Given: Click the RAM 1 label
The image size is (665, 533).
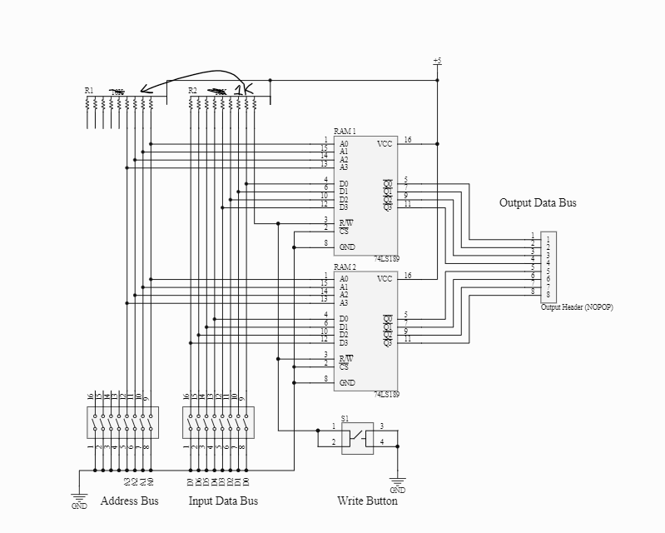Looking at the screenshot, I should point(345,132).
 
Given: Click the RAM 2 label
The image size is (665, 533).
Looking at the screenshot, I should point(345,267).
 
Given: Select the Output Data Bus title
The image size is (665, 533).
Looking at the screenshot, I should point(538,202).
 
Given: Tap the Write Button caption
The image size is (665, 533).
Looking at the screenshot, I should point(367,501).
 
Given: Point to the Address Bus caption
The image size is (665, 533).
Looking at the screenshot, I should point(129,501).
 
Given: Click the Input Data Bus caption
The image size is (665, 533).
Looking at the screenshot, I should point(223,501).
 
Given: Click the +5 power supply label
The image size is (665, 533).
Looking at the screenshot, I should point(437,62).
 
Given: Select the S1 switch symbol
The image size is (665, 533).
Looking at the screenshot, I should point(359,435).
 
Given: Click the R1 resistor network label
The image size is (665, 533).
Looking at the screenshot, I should point(89,90).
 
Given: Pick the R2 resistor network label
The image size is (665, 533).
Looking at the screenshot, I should point(192,90).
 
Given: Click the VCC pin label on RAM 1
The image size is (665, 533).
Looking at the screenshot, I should point(385,143).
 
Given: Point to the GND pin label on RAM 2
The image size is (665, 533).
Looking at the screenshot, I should point(347,382).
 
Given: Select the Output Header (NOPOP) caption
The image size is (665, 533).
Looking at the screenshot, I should point(577,307).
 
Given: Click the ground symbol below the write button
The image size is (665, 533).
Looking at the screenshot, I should point(397,481).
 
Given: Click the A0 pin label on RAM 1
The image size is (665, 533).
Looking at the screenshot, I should point(344,143).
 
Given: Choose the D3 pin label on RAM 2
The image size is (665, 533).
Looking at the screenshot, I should point(344,342).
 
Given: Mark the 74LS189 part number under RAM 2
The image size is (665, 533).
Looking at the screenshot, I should point(387,394).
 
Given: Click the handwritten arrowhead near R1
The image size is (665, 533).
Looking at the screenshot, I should point(144,89).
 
